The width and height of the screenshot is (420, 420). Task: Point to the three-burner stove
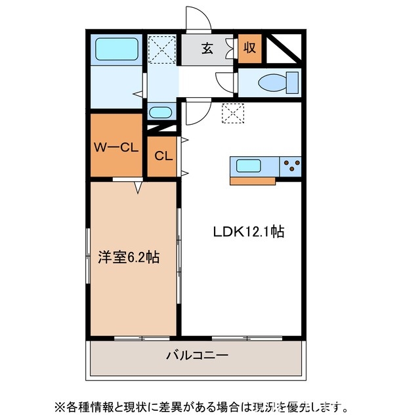coord(290,165)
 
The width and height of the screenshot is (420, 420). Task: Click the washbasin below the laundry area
coord(160,112)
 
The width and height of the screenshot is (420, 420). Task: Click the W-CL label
coord(115,147)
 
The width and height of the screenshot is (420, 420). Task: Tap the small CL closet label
coord(163,156)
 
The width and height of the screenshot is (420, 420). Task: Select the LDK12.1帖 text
coord(247,232)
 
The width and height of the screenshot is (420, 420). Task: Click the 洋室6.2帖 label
coord(129,258)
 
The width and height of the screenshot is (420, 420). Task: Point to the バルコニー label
coord(196,356)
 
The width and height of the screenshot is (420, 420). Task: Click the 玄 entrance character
coord(207,48)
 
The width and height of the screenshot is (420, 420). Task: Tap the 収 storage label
coord(250,48)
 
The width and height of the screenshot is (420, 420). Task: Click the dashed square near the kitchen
coord(232,114)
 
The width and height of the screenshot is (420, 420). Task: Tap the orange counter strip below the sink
coord(253,180)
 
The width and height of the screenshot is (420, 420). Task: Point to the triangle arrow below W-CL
coord(138,188)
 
